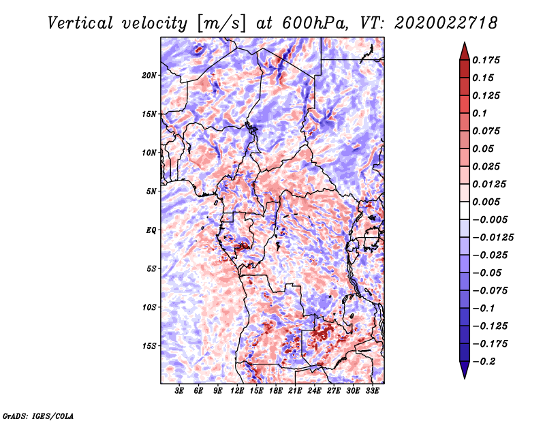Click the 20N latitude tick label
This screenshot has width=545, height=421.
150,75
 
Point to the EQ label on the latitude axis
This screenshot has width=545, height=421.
151,230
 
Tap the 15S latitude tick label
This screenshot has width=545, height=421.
150,345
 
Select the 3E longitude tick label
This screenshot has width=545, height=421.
179,391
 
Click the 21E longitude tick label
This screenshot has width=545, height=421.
296,391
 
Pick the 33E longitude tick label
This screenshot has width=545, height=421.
373,391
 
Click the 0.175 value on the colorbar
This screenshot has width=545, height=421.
488,60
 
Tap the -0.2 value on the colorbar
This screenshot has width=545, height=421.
485,361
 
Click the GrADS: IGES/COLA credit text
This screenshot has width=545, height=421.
38,415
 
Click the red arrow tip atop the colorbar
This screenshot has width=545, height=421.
463,48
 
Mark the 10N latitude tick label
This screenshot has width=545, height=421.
150,153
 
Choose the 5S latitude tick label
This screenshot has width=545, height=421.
151,268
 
